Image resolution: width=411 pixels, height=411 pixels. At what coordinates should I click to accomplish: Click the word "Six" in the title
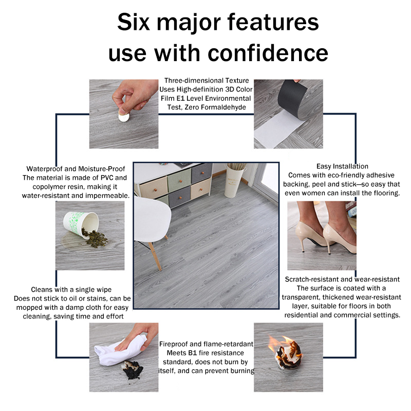(134, 22)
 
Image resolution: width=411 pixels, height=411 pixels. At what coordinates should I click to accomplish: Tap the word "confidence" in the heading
(268, 53)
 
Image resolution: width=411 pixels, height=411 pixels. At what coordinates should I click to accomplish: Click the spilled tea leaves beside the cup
(95, 238)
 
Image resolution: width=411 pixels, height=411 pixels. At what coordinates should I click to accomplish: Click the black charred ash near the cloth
(133, 370)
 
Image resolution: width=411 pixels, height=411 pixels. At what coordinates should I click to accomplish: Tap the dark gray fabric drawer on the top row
(202, 173)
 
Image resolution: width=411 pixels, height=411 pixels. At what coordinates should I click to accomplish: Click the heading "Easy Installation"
(342, 166)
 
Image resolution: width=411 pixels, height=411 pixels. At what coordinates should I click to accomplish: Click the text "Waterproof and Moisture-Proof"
(76, 169)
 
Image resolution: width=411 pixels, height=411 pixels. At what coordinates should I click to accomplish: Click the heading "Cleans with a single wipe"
(71, 289)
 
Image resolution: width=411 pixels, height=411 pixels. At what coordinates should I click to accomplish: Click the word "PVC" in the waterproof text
(107, 178)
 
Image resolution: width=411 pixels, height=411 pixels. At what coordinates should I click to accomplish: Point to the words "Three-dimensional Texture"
(207, 81)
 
